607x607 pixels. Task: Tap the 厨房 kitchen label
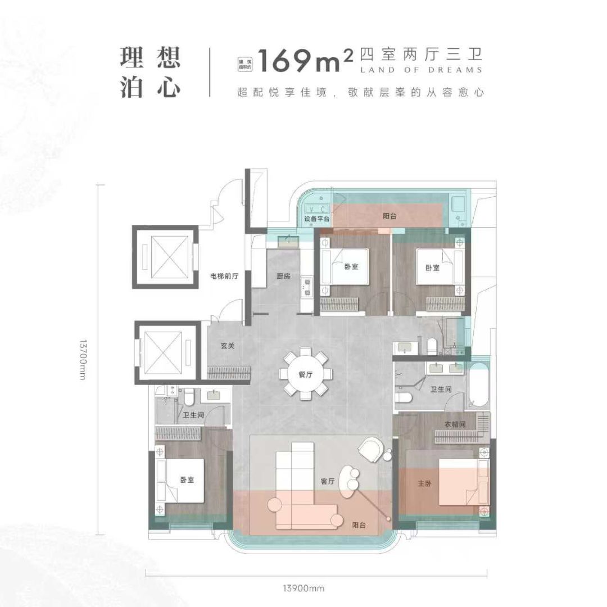coord(284,276)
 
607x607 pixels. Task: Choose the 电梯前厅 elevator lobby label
coord(225,276)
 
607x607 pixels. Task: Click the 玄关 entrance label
coord(227,346)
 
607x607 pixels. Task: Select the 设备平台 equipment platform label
coord(316,218)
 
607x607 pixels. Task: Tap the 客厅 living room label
coord(327,481)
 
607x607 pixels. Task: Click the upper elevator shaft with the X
coord(165,256)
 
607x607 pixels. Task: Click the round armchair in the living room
coord(372,450)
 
